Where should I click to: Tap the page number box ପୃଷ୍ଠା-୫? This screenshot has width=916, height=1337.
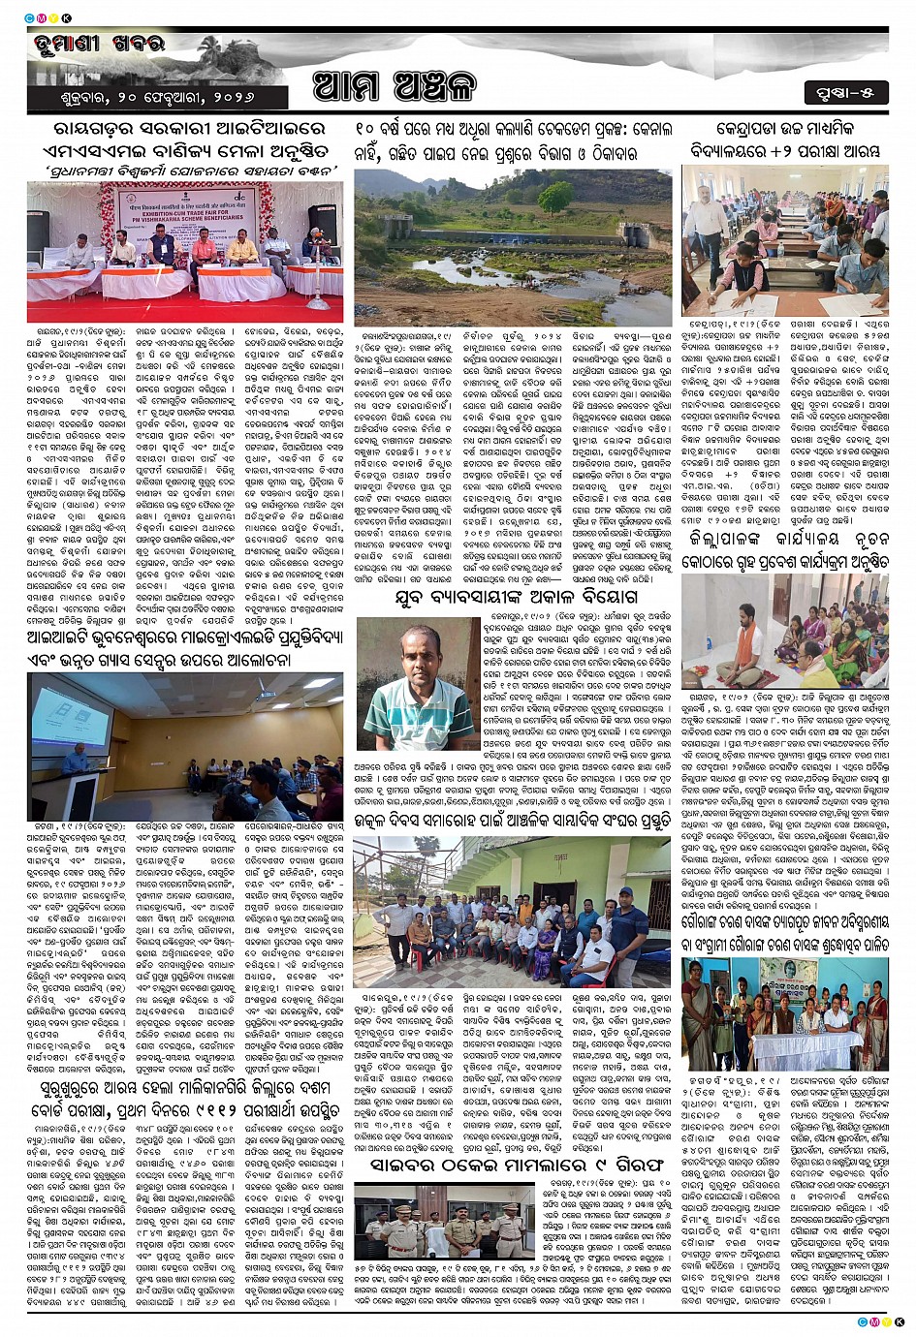845,93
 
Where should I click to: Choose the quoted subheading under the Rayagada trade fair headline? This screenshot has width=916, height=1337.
184,171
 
